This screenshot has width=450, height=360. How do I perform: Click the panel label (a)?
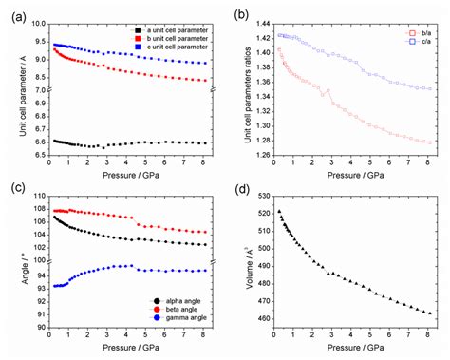coord(10,11)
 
